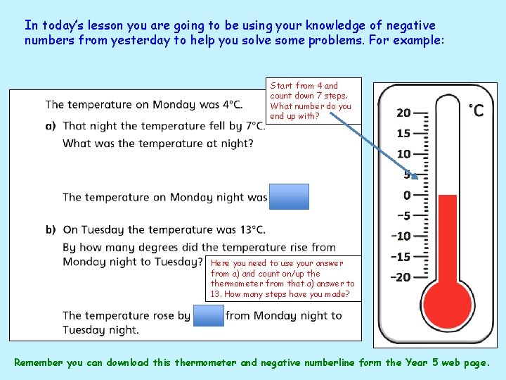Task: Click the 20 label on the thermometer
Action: pyautogui.click(x=403, y=113)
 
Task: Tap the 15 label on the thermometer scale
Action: pyautogui.click(x=403, y=133)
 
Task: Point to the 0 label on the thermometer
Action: pyautogui.click(x=407, y=195)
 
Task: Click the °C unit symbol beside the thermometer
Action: pyautogui.click(x=476, y=111)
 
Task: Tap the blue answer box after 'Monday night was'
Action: pyautogui.click(x=290, y=197)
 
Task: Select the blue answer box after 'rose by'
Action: pyautogui.click(x=208, y=316)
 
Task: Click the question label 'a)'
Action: pyautogui.click(x=51, y=126)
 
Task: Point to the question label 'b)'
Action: pyautogui.click(x=51, y=229)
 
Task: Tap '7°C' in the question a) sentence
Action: pyautogui.click(x=254, y=126)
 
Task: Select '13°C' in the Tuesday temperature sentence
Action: pyautogui.click(x=251, y=229)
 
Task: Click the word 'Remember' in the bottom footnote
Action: pyautogui.click(x=39, y=363)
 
